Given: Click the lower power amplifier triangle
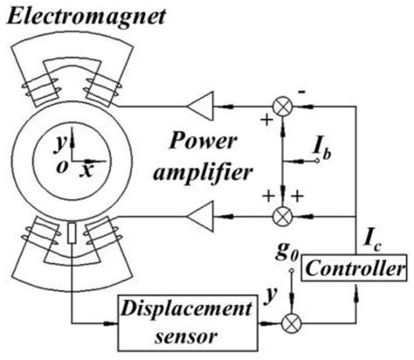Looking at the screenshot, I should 203,211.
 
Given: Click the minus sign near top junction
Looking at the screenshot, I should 300,90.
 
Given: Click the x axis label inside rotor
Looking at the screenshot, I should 86,170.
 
